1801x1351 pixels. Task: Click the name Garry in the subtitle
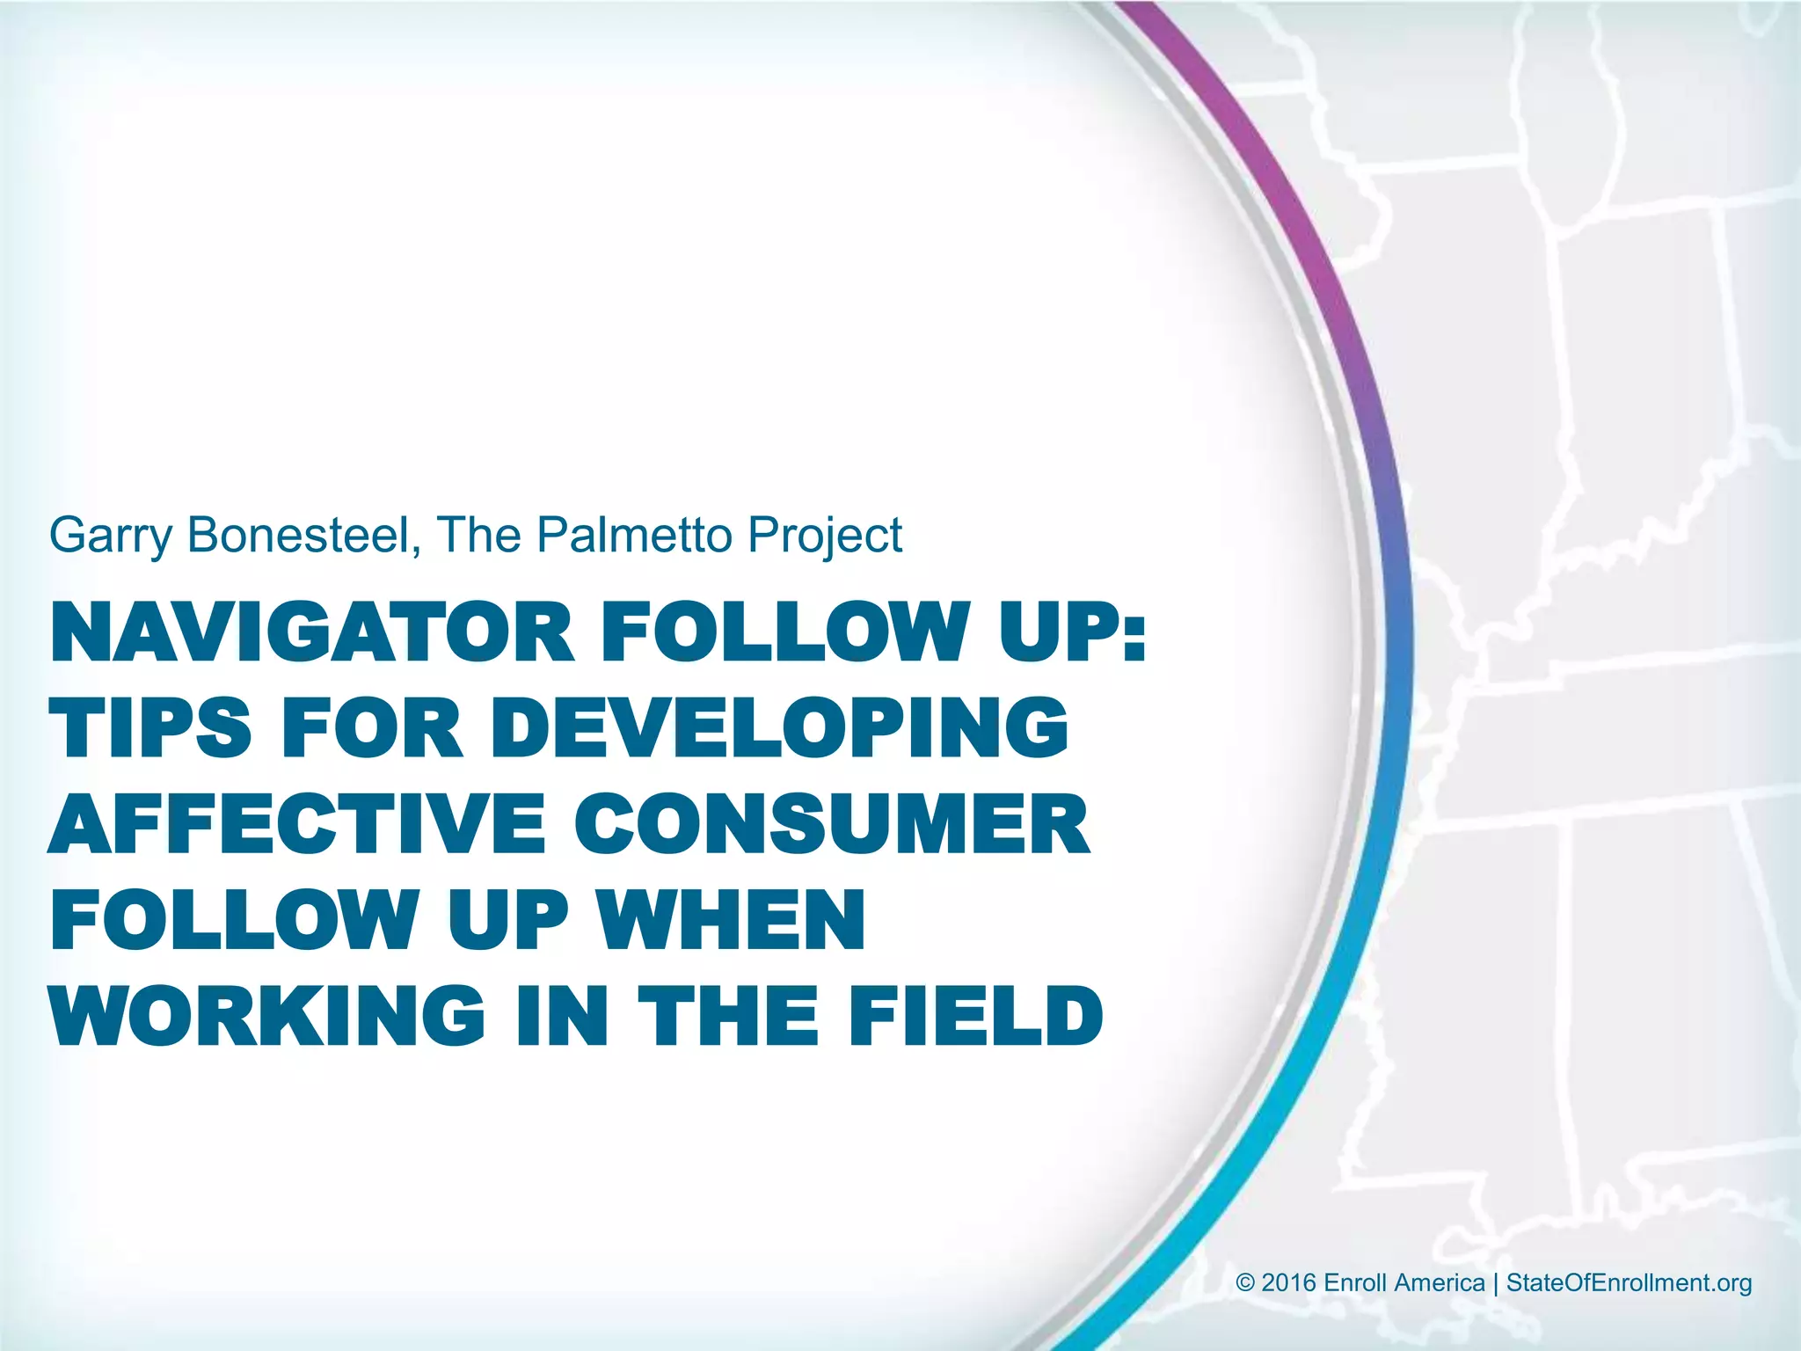(109, 535)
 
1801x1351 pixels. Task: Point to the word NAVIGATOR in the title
(313, 632)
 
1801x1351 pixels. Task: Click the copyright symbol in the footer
(1245, 1283)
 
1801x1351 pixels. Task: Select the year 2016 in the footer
(1289, 1283)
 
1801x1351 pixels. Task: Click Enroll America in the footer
(1404, 1283)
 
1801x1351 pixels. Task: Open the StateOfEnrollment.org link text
(1629, 1283)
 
